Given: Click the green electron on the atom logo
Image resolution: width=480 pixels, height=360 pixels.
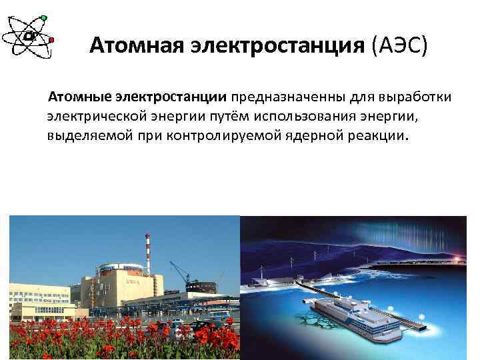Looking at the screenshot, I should pos(44,17).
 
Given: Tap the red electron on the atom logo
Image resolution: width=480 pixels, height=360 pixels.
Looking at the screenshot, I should pos(52,40).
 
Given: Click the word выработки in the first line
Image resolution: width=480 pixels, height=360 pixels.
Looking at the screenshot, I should pos(415,98).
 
